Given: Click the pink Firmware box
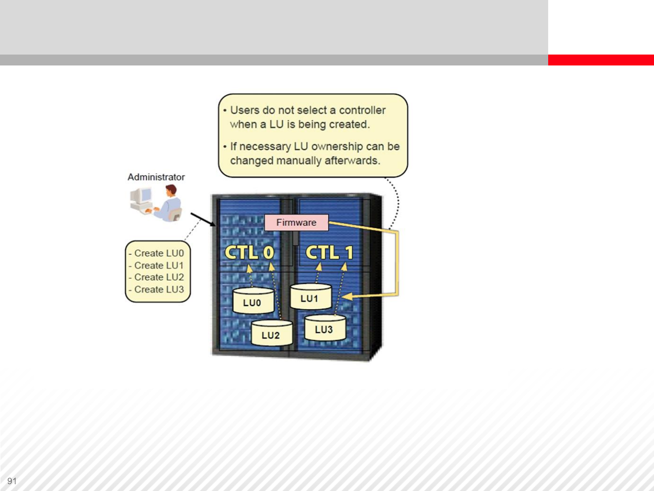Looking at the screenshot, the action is click(x=297, y=222).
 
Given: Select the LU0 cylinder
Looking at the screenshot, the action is click(x=253, y=301).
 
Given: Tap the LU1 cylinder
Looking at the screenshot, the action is click(x=311, y=296).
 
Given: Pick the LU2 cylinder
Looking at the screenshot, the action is click(x=272, y=333).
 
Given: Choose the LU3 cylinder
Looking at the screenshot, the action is click(x=325, y=328).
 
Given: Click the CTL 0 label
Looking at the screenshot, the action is click(x=249, y=252).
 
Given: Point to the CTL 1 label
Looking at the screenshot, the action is click(x=330, y=252).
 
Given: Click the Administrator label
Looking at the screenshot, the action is click(x=156, y=177).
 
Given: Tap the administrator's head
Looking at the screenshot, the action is click(x=171, y=190).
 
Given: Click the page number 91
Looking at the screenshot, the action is click(x=12, y=481).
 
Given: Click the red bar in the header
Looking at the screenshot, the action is click(x=601, y=60).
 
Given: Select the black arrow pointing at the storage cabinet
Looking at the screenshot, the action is click(x=203, y=220).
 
